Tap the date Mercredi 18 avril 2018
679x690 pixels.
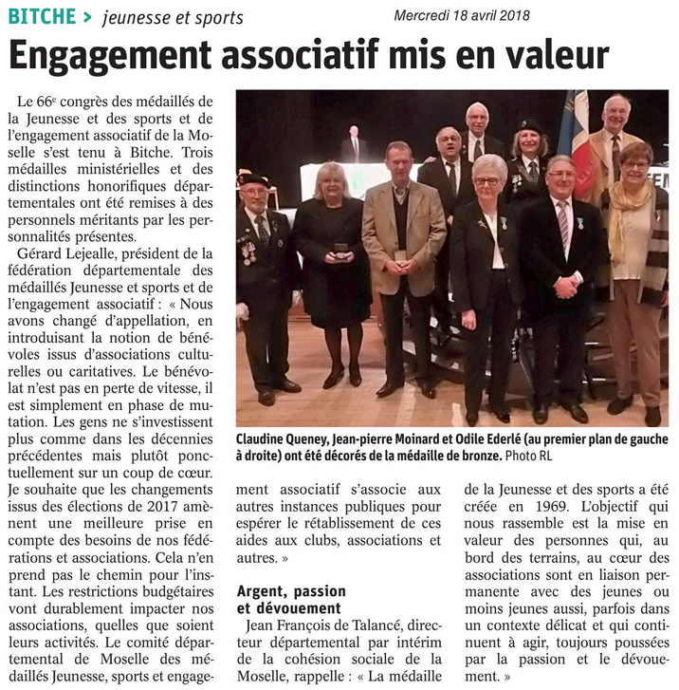coord(462,15)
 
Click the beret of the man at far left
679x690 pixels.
coord(253,178)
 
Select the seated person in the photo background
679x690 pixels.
coord(353,146)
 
